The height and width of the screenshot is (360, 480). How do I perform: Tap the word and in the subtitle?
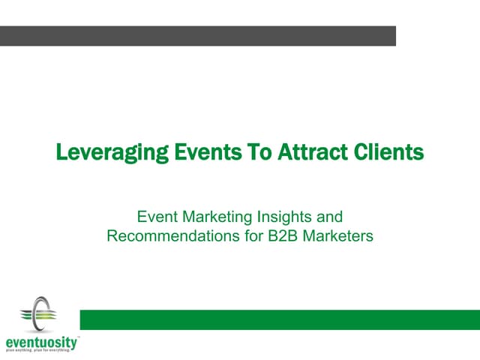(330, 217)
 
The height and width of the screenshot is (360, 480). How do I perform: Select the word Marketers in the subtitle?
(342, 237)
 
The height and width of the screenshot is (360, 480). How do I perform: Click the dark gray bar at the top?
(198, 36)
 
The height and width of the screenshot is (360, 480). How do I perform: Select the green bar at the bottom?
(280, 319)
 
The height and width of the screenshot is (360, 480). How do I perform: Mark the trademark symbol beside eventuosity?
(78, 338)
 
